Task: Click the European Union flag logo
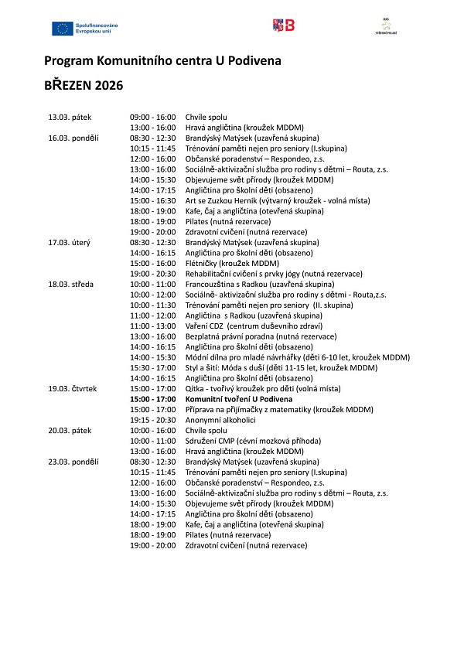pos(62,29)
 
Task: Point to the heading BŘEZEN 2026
pos(83,85)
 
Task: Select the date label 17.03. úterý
pos(70,242)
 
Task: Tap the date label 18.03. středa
pos(71,284)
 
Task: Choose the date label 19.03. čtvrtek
pos(73,388)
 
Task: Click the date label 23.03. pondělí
pos(73,462)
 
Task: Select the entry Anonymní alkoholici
pos(220,420)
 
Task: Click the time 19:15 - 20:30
pos(153,420)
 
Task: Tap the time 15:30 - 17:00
pos(153,367)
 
